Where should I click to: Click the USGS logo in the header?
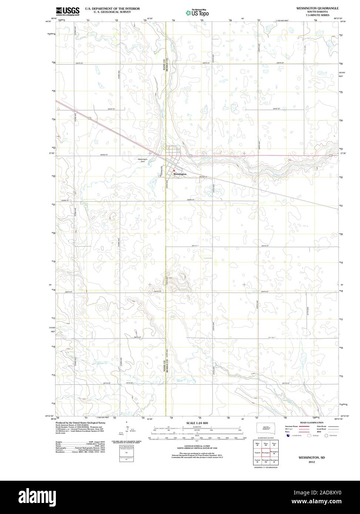pos(68,11)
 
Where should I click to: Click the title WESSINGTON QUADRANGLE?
pos(317,8)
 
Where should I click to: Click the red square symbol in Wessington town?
pos(174,170)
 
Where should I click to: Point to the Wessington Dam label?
pos(142,160)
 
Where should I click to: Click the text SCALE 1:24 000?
pos(197,423)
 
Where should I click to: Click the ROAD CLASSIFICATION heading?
pos(312,422)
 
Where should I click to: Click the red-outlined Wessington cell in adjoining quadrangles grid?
pos(266,453)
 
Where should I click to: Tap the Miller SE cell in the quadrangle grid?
pos(257,444)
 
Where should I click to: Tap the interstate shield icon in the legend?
pos(288,436)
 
